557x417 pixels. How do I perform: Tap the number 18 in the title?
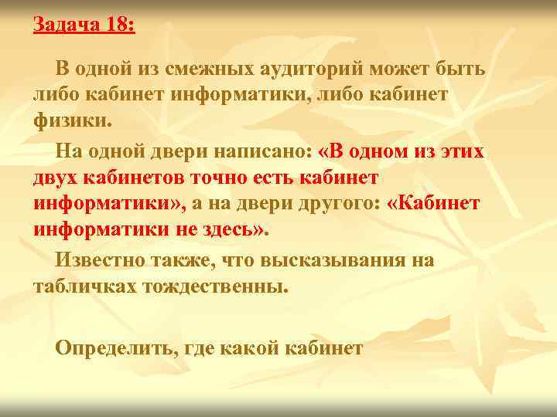tap(117, 25)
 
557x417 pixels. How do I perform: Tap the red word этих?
tap(459, 152)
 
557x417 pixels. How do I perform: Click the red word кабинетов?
tap(132, 178)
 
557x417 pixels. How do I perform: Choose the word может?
tap(401, 69)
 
